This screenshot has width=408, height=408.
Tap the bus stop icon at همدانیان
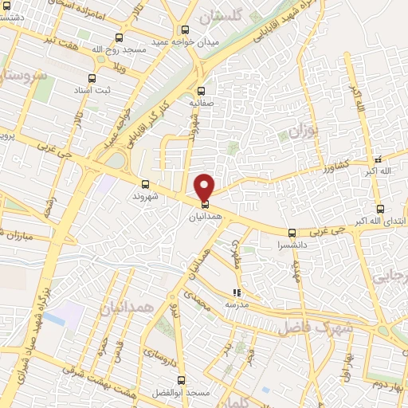click(206, 204)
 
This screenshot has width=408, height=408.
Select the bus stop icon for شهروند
click(144, 184)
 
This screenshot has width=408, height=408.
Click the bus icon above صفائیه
click(201, 91)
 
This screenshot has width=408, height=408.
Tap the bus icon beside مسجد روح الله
click(120, 37)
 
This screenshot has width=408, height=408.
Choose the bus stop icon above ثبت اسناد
click(92, 78)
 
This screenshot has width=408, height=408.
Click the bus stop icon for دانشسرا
click(291, 233)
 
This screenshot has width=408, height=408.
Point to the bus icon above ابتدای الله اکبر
click(380, 209)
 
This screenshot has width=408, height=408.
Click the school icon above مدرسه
click(235, 293)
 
